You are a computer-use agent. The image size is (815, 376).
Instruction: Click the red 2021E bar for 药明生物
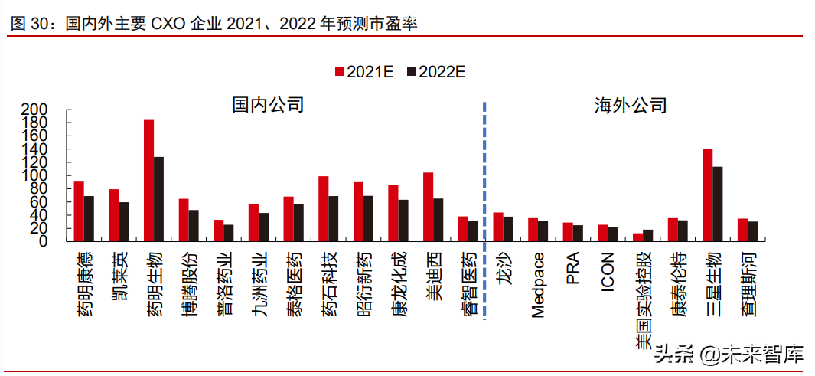tap(148, 180)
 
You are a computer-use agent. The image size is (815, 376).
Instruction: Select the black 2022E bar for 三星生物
tap(717, 204)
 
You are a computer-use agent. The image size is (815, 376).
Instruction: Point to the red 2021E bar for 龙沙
tap(498, 227)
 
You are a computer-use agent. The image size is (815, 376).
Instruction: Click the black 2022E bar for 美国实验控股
tap(648, 235)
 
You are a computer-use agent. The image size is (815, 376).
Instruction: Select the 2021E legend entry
tap(364, 72)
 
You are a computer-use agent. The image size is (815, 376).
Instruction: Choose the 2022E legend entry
tap(436, 72)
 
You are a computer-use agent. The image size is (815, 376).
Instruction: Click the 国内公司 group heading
tap(268, 105)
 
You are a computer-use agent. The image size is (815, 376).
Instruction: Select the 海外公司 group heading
tap(630, 105)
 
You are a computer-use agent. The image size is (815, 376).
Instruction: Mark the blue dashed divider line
tap(484, 207)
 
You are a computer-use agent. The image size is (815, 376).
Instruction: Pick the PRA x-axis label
tap(573, 266)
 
